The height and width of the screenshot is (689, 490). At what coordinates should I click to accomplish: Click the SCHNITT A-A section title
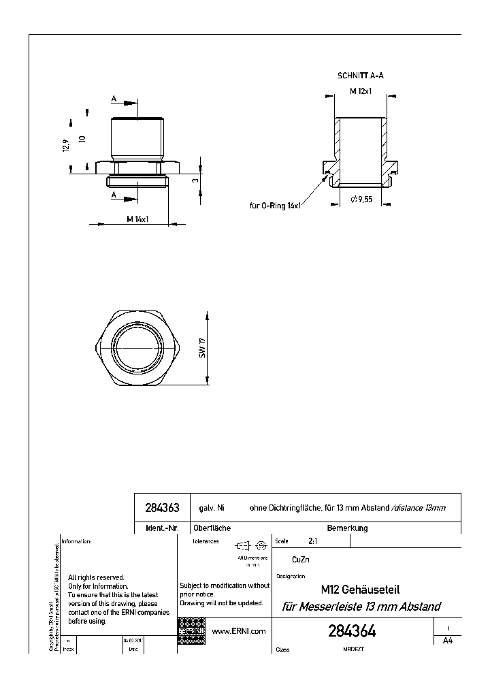(x=360, y=76)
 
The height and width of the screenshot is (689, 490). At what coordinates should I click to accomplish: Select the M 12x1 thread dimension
(x=360, y=91)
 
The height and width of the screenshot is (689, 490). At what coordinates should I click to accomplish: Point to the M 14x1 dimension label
(x=137, y=219)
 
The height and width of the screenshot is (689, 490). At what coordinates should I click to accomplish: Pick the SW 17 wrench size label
(x=202, y=347)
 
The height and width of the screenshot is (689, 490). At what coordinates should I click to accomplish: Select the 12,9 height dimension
(x=67, y=146)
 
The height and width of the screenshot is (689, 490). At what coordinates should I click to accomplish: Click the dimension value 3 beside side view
(x=195, y=180)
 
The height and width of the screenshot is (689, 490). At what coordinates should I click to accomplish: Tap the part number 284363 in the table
(x=162, y=508)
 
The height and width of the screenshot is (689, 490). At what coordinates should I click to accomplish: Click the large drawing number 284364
(x=352, y=632)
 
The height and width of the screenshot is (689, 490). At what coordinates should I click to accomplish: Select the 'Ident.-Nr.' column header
(x=162, y=528)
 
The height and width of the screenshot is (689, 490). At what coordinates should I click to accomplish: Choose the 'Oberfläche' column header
(x=212, y=528)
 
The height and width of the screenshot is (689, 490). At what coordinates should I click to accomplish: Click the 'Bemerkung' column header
(x=347, y=528)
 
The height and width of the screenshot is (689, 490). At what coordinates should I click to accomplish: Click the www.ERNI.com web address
(x=239, y=631)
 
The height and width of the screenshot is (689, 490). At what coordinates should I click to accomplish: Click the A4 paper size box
(x=447, y=641)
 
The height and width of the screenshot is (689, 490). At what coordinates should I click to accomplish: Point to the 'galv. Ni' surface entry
(x=212, y=508)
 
